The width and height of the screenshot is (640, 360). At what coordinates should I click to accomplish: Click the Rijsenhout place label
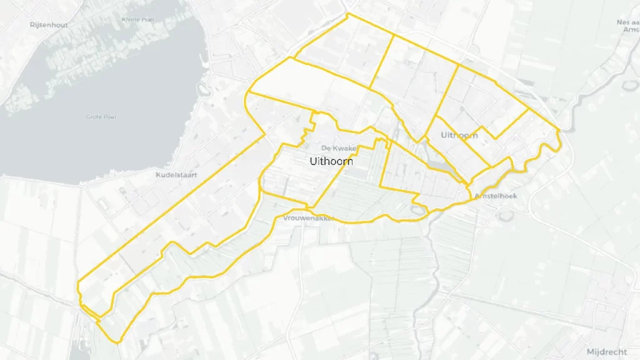(49, 25)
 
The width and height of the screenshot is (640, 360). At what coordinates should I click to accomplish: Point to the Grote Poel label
(103, 117)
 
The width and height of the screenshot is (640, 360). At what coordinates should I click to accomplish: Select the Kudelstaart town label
(176, 175)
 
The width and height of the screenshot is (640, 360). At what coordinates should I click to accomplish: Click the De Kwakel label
(338, 148)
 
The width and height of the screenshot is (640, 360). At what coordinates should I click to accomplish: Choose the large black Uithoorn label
(331, 161)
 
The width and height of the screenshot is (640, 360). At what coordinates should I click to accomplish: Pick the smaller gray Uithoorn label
(459, 135)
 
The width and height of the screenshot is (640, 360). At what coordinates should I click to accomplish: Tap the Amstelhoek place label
(496, 196)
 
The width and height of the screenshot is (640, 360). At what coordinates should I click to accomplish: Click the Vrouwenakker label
(309, 219)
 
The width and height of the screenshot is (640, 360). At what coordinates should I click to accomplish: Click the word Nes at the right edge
(623, 22)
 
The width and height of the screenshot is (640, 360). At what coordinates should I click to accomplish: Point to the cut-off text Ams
(631, 29)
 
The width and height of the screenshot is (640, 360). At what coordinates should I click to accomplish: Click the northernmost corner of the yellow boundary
(347, 13)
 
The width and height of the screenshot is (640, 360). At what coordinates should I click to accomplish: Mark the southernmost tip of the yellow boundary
(117, 342)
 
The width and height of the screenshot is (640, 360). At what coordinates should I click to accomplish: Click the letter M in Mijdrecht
(591, 352)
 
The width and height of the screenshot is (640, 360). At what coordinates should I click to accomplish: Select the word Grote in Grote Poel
(95, 117)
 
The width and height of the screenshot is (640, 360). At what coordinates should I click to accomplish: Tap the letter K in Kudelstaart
(158, 175)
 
